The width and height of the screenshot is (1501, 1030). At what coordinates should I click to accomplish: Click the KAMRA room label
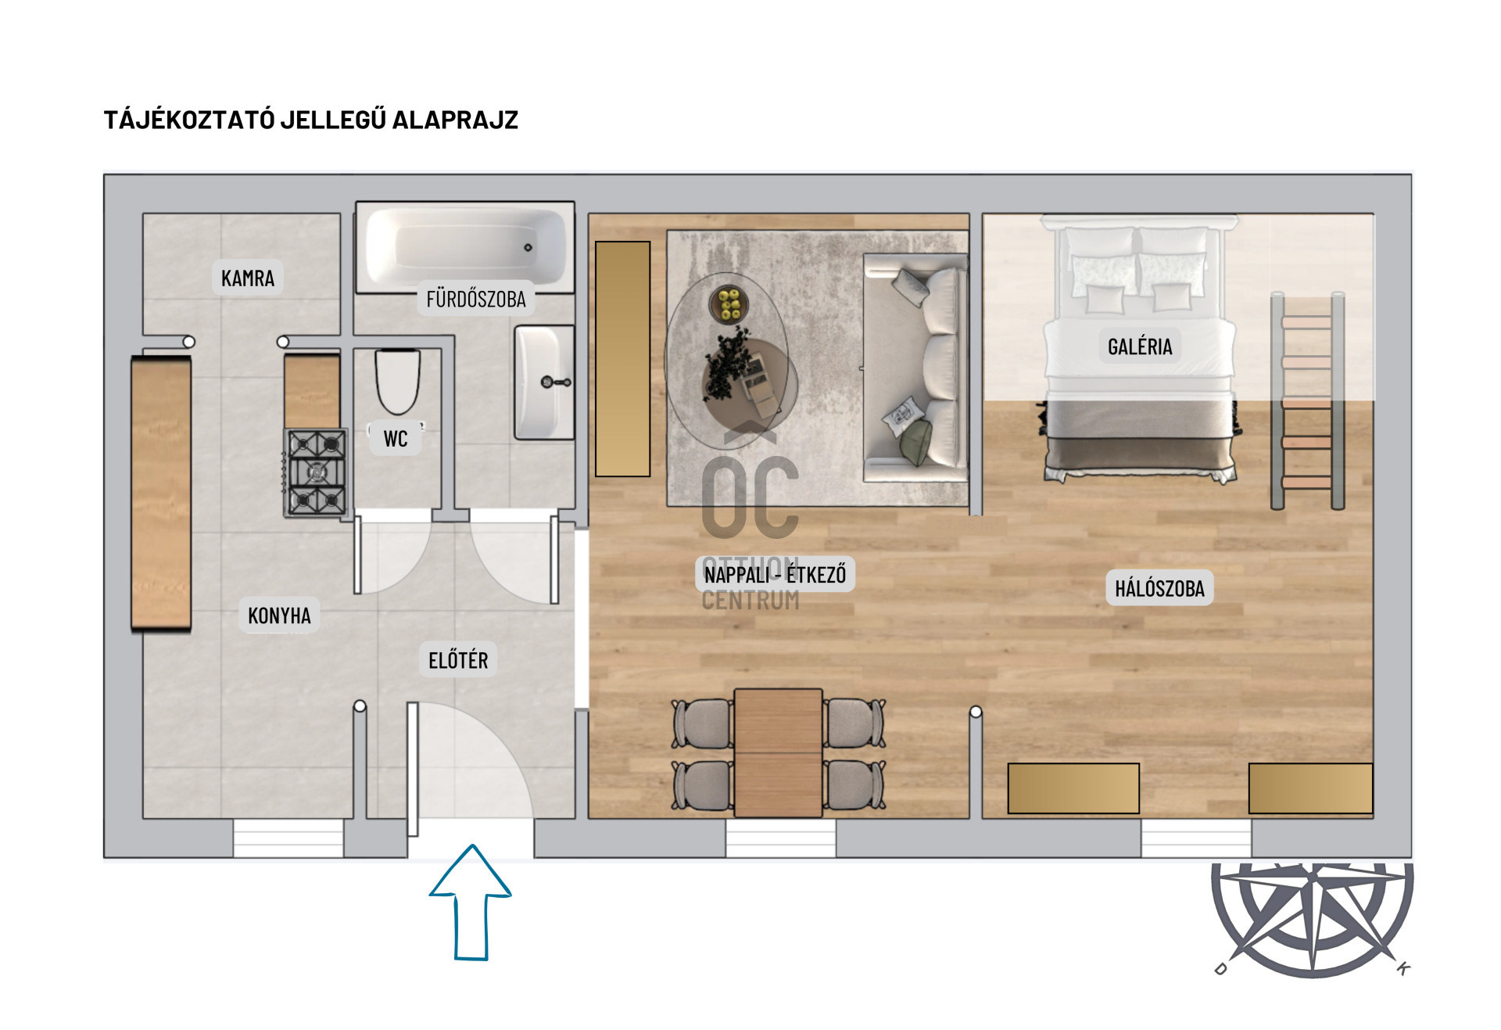point(248,278)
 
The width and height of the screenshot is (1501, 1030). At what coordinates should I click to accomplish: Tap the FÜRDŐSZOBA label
point(476,298)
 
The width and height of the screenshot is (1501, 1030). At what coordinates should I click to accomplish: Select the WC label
point(396,438)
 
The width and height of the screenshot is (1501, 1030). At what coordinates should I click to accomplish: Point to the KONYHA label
point(279,615)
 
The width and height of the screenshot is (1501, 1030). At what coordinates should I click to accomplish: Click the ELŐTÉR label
point(458,660)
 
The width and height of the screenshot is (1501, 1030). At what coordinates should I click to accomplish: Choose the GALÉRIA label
point(1140,346)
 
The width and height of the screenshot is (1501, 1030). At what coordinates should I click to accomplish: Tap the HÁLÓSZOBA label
point(1159,588)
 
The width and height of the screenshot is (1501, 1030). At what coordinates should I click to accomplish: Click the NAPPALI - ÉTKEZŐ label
point(775,575)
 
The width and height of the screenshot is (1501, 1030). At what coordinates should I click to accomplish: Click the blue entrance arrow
point(471,902)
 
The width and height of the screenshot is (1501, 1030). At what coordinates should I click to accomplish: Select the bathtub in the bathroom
point(466,247)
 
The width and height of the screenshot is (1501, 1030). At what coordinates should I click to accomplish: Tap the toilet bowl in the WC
point(398,382)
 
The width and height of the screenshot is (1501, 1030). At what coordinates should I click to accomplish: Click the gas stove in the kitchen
point(316,472)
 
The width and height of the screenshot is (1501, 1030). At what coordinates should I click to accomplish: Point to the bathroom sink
point(544,382)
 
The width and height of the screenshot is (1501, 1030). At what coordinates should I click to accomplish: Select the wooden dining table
point(778,753)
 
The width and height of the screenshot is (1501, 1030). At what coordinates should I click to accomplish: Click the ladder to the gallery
point(1307,401)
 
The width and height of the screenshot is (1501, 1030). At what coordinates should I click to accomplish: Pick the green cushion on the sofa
point(916,443)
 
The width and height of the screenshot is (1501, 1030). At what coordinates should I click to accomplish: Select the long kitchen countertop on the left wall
point(161,493)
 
